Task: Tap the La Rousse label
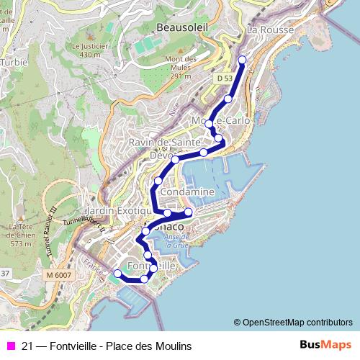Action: click(x=267, y=30)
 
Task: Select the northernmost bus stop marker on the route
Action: click(x=242, y=60)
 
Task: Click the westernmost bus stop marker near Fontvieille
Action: click(x=117, y=273)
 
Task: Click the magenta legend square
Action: click(x=10, y=346)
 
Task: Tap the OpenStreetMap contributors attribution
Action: click(x=292, y=322)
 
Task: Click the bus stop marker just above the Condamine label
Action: click(x=158, y=180)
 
